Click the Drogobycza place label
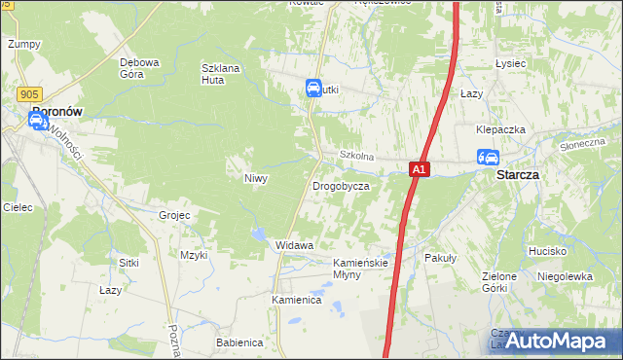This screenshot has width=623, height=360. pyautogui.click(x=341, y=185)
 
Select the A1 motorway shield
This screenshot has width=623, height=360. pyautogui.click(x=418, y=169)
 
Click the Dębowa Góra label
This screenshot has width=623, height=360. pyautogui.click(x=139, y=68)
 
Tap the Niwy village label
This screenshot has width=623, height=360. pyautogui.click(x=255, y=178)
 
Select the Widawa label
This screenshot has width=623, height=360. pyautogui.click(x=294, y=245)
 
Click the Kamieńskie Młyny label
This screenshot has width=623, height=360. pyautogui.click(x=361, y=269)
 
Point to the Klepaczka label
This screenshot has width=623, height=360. pyautogui.click(x=500, y=129)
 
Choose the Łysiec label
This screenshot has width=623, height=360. pyautogui.click(x=510, y=63)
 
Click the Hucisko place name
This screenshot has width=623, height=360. pyautogui.click(x=548, y=251)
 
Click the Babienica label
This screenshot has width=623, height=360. pyautogui.click(x=239, y=342)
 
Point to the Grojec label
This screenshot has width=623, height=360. pyautogui.click(x=174, y=214)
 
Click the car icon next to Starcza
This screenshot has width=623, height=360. pyautogui.click(x=488, y=158)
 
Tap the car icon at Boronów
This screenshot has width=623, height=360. pyautogui.click(x=37, y=121)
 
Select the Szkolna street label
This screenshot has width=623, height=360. pyautogui.click(x=356, y=156)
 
